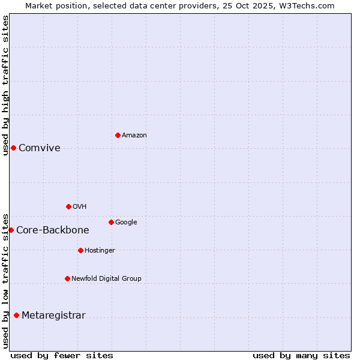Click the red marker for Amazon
click(x=118, y=135)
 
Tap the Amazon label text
click(x=134, y=136)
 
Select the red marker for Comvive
click(x=13, y=148)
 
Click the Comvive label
click(x=40, y=148)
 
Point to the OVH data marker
click(x=68, y=206)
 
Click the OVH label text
click(x=80, y=207)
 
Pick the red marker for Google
click(x=111, y=222)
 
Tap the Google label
click(x=126, y=223)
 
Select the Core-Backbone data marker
click(x=11, y=230)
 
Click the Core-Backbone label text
click(x=53, y=230)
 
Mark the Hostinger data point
click(x=80, y=250)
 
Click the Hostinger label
click(x=100, y=251)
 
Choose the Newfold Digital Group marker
click(x=67, y=278)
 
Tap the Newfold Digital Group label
click(x=106, y=279)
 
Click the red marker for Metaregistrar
click(x=16, y=315)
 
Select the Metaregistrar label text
click(x=53, y=316)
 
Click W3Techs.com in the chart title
click(x=309, y=6)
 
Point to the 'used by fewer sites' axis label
click(x=62, y=355)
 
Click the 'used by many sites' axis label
click(x=301, y=355)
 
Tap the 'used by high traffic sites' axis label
click(x=5, y=85)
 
